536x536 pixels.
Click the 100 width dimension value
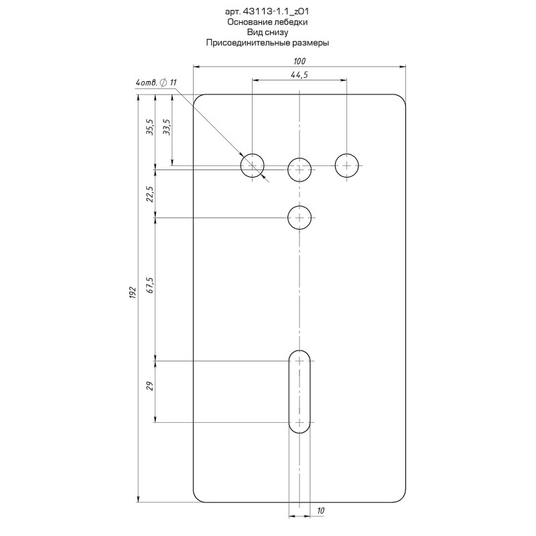tap(299, 61)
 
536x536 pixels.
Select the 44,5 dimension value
tap(299, 74)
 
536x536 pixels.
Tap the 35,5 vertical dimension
tap(150, 127)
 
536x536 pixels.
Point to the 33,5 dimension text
tap(167, 127)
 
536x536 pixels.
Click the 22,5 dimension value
tap(150, 194)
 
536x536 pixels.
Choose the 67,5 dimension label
tap(150, 285)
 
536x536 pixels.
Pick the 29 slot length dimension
tap(150, 386)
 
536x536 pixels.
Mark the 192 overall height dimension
tap(133, 293)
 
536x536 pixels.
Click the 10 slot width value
tap(320, 511)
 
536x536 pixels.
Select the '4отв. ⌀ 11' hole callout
tap(156, 82)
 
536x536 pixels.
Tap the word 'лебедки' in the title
tap(291, 22)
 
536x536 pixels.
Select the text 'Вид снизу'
tap(267, 32)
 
